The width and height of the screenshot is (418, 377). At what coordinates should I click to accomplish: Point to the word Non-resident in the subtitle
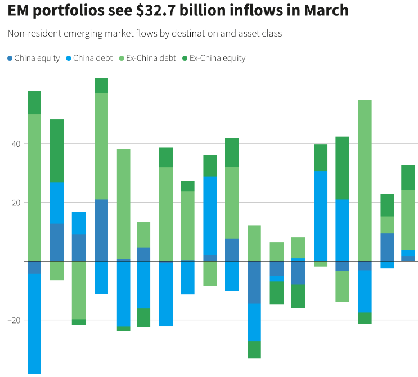(x=32, y=34)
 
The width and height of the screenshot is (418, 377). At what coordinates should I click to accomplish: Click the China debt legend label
(x=93, y=58)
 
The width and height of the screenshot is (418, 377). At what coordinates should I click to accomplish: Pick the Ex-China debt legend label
(x=151, y=58)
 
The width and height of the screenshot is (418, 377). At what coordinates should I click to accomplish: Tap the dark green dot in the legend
(x=185, y=58)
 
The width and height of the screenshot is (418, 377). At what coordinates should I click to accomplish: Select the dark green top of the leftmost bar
(x=34, y=102)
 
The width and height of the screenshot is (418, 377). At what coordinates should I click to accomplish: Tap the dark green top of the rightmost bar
(x=408, y=177)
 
